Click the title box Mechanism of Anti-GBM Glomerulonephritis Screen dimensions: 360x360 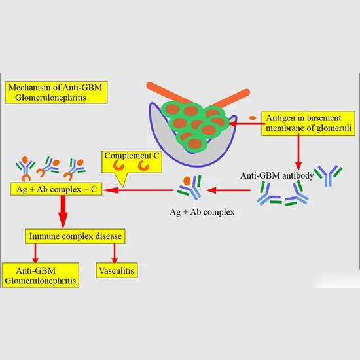[x=56, y=92]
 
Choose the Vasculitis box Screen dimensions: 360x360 [x=118, y=270]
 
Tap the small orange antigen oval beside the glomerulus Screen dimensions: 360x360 [x=253, y=118]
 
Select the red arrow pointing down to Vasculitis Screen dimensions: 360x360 [x=115, y=251]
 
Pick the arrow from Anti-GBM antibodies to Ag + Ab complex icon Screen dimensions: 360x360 [x=229, y=190]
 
